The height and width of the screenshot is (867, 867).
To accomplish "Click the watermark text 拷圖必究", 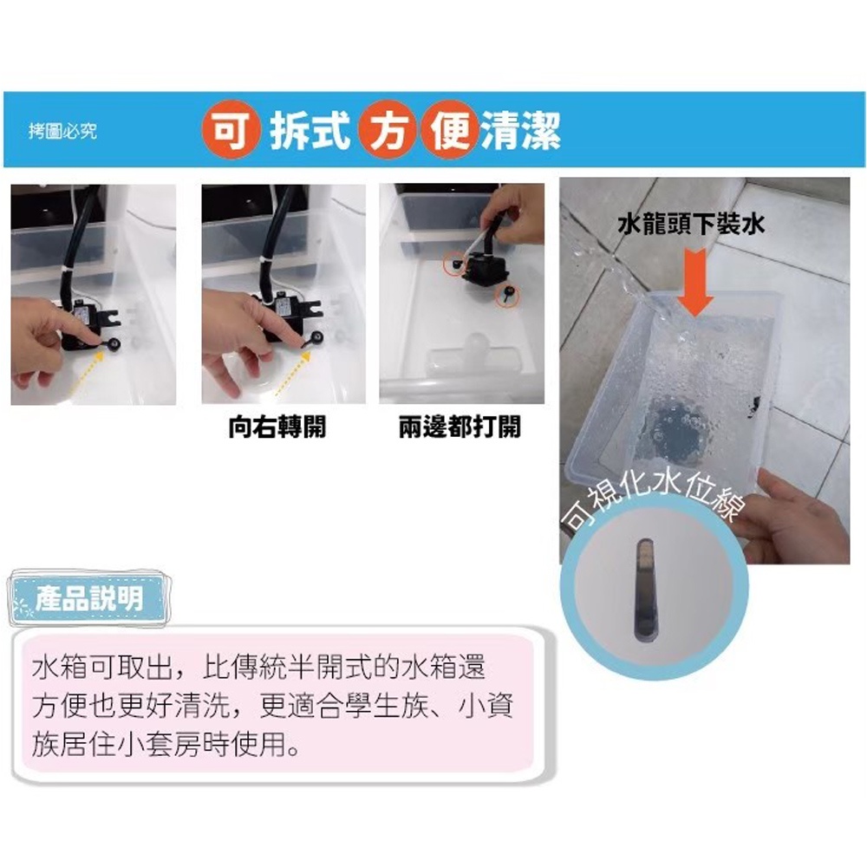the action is pyautogui.click(x=63, y=131).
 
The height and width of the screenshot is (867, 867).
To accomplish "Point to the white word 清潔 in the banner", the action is pyautogui.click(x=521, y=130).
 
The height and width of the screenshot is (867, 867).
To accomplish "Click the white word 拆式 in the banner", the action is pyautogui.click(x=310, y=130).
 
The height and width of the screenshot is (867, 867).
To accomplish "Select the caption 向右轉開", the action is pyautogui.click(x=277, y=427).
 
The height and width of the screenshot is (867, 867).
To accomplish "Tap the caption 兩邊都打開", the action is pyautogui.click(x=460, y=427).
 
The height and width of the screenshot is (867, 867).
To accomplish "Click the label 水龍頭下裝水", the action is pyautogui.click(x=691, y=225).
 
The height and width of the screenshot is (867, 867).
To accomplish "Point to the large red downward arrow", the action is pyautogui.click(x=695, y=282).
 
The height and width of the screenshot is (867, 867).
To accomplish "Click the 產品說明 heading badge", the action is pyautogui.click(x=89, y=599).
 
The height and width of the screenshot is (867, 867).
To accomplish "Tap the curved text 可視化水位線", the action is pyautogui.click(x=653, y=500).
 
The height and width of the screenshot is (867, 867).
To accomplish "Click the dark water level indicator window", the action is pyautogui.click(x=643, y=590).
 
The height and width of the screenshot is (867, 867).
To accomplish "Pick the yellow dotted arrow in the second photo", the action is pyautogui.click(x=290, y=374).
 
